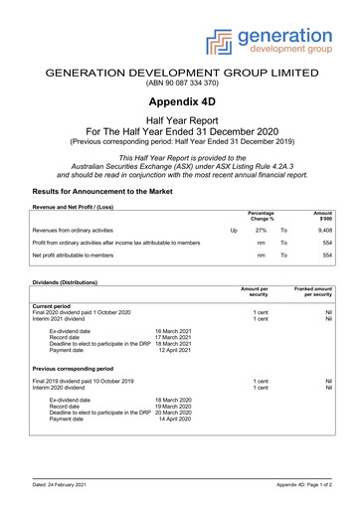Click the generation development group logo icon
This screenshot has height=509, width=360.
click(x=221, y=41)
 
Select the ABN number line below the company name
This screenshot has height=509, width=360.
click(x=179, y=84)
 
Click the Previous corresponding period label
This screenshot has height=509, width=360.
click(x=79, y=368)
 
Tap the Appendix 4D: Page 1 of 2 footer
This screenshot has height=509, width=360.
click(x=303, y=484)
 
